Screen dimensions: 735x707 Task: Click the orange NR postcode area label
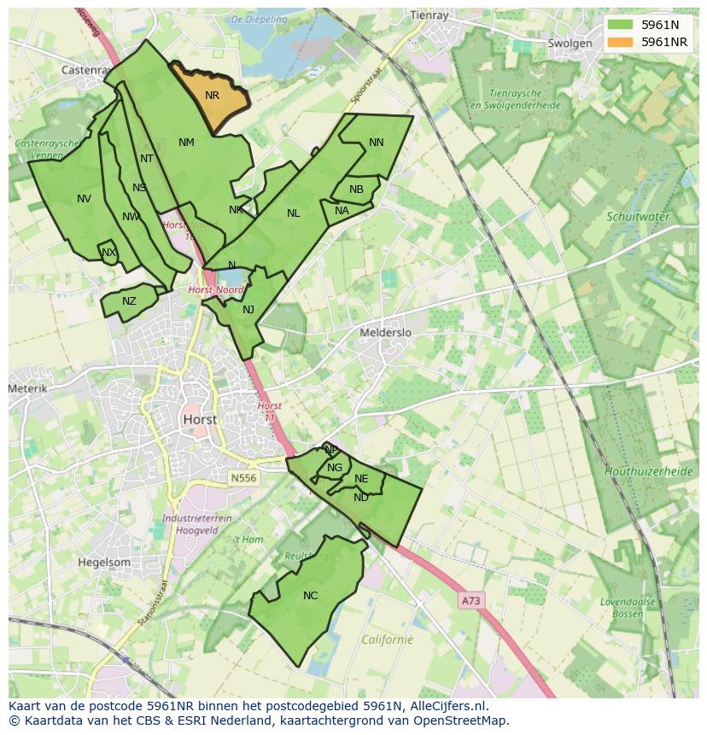[x=212, y=96]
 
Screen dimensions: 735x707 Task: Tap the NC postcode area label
[x=310, y=595]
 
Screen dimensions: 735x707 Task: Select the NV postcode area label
[x=84, y=199]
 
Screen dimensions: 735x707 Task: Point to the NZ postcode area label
[x=129, y=300]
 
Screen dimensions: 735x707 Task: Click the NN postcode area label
[x=376, y=143]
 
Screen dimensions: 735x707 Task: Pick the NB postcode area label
[x=356, y=190]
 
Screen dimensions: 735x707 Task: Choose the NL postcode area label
[x=293, y=213]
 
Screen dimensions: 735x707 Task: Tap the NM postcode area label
[x=186, y=143]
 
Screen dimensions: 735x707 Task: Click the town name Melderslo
[x=385, y=333]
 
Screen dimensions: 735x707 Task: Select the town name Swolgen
[x=570, y=44]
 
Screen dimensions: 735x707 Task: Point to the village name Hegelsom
[x=104, y=563]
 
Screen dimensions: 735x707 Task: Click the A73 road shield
[x=470, y=601]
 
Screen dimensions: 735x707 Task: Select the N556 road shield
[x=242, y=479]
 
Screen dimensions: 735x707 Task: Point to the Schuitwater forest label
[x=638, y=217]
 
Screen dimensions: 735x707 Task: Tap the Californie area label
[x=387, y=639]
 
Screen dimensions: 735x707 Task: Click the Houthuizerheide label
[x=648, y=471]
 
